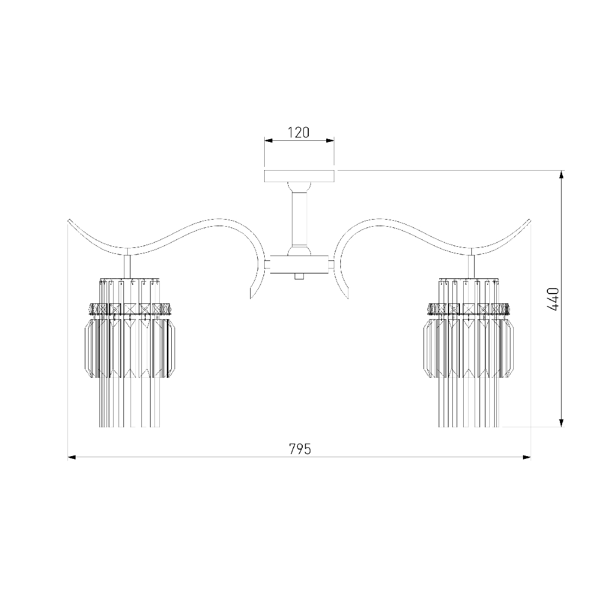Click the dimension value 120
298,132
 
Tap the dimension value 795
300,449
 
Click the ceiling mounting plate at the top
299,176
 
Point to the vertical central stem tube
299,219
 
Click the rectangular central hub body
299,264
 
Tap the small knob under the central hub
299,277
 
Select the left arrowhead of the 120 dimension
269,141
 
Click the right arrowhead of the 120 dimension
330,141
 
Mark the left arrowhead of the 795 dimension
72,457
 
